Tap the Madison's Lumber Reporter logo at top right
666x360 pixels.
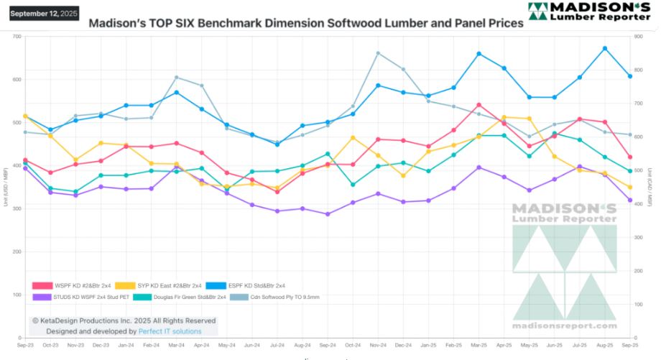[x=588, y=11]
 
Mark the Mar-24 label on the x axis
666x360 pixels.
[x=176, y=345]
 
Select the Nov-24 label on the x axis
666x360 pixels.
[x=378, y=345]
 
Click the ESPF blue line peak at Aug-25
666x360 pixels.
[x=605, y=48]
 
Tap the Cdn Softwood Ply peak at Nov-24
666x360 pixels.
[x=379, y=53]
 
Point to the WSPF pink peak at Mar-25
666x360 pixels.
[x=478, y=105]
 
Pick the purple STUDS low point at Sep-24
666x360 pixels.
[x=328, y=214]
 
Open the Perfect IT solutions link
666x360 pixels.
[x=170, y=331]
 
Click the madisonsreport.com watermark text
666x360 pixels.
[x=564, y=324]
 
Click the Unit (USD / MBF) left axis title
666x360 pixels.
[x=6, y=187]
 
